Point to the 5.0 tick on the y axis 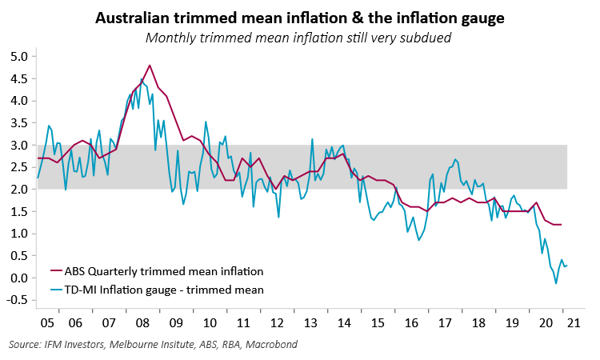[19, 57]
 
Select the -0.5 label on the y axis [18, 300]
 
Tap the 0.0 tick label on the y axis [19, 278]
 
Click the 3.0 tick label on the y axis [19, 146]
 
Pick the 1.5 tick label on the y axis [19, 211]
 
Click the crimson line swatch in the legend [58, 272]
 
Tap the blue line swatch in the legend [58, 289]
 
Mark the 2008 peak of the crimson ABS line [150, 66]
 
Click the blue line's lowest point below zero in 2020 [556, 283]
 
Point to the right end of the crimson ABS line [561, 225]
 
